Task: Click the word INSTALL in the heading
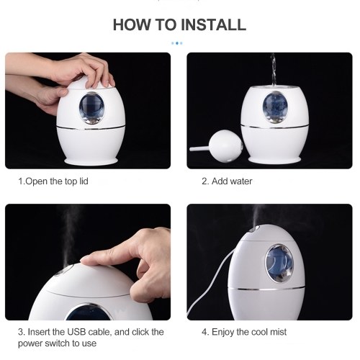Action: (213, 24)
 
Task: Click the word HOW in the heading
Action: (132, 24)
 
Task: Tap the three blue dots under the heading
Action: (177, 43)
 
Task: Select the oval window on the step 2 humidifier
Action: (275, 107)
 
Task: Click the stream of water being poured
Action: (274, 70)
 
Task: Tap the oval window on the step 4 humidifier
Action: (280, 264)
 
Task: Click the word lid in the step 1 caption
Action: (84, 181)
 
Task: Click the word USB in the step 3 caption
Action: (76, 332)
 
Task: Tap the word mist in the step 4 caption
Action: (278, 332)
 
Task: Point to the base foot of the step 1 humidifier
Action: (91, 161)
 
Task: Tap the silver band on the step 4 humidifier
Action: (266, 288)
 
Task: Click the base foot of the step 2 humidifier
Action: (275, 160)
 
